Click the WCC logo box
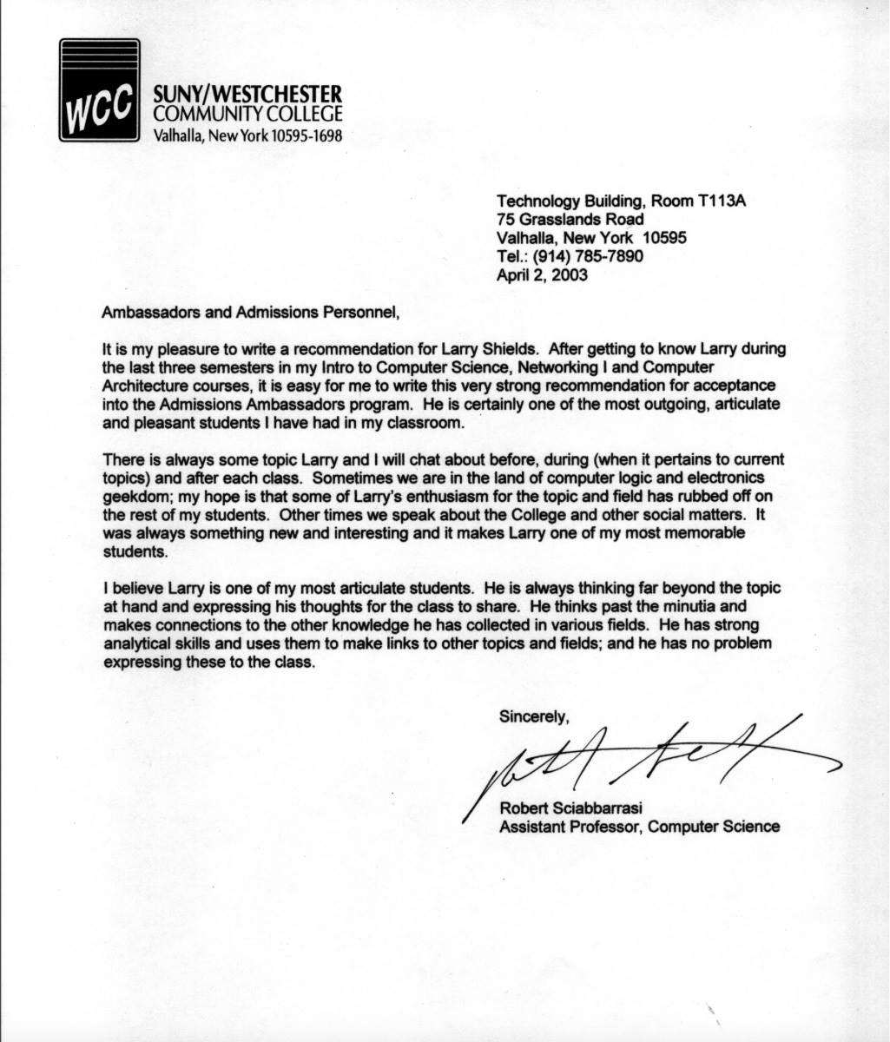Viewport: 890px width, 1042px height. (99, 90)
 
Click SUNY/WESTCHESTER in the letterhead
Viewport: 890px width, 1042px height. (247, 94)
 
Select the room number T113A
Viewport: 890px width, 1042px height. (722, 201)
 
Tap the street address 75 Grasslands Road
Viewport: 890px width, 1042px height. (570, 220)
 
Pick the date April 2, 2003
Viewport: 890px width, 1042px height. (542, 275)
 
